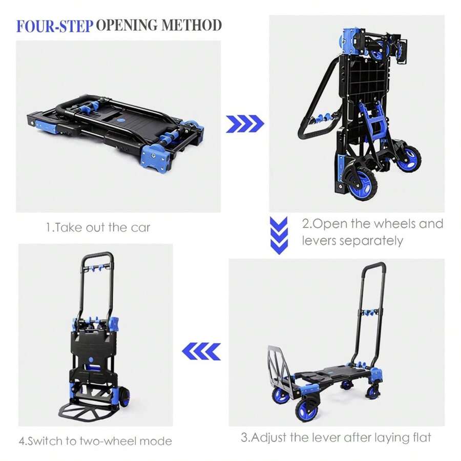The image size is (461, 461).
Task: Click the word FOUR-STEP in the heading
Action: coord(55,26)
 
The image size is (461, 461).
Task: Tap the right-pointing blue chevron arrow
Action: coord(245,123)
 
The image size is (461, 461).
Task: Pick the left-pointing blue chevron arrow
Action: coord(202,351)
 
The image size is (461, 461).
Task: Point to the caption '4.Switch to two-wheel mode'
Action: coord(95,441)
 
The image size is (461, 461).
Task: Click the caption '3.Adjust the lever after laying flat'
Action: coord(336,438)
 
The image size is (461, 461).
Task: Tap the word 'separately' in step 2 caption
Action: coord(377,241)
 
